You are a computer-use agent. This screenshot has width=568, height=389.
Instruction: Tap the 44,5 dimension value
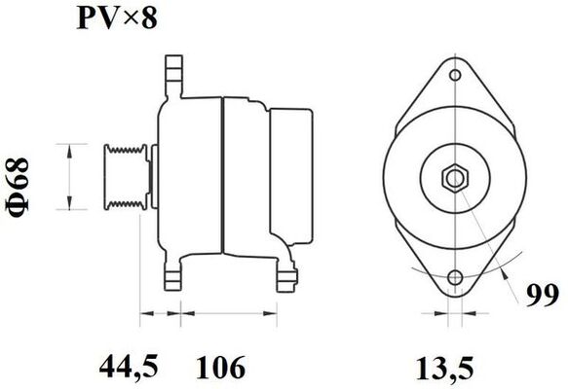[131, 367]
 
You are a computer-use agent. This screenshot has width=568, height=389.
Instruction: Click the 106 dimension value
[218, 367]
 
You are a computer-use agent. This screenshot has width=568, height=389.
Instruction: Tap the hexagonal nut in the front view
[455, 178]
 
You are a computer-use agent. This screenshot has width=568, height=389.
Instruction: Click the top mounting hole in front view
[455, 74]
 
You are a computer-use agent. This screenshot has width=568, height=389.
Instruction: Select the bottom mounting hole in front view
[455, 281]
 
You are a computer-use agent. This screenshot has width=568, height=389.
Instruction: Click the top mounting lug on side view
[174, 73]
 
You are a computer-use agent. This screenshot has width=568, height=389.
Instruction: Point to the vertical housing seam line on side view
[224, 175]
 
